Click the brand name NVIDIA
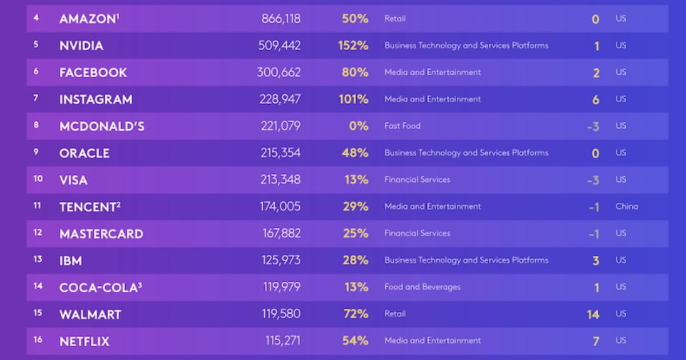(x=81, y=46)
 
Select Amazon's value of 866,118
(x=281, y=19)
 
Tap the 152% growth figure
(x=353, y=46)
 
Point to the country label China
(x=627, y=206)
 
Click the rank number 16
(x=38, y=340)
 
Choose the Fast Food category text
(x=402, y=126)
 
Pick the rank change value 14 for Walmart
(x=593, y=314)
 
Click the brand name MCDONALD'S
(x=102, y=126)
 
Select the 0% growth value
(x=358, y=126)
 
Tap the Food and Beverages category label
(x=422, y=287)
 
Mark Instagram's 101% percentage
(x=353, y=99)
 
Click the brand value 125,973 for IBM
(x=280, y=261)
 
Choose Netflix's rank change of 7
(x=596, y=341)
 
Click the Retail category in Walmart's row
(x=395, y=314)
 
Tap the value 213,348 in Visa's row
(x=280, y=180)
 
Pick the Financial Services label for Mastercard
(x=417, y=233)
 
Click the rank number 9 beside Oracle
(x=36, y=153)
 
